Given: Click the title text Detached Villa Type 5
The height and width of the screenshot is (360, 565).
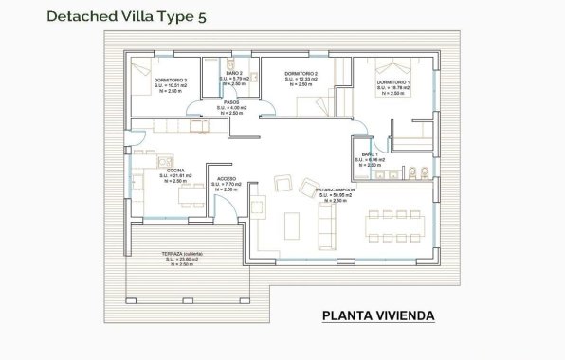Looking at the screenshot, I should [x=125, y=16].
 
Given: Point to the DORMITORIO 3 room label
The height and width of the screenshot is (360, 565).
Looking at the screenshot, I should [x=171, y=81].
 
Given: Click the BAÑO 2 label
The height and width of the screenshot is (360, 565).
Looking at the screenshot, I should [x=234, y=73].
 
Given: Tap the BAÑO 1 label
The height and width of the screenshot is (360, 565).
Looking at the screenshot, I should [x=370, y=153].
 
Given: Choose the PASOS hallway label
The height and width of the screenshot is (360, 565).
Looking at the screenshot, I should [x=230, y=102].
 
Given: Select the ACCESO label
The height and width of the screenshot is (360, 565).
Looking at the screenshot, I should [x=227, y=179].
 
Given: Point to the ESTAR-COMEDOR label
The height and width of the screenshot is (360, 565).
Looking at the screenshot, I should [x=336, y=190].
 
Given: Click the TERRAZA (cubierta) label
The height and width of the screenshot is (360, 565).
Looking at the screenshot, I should [x=180, y=254].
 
